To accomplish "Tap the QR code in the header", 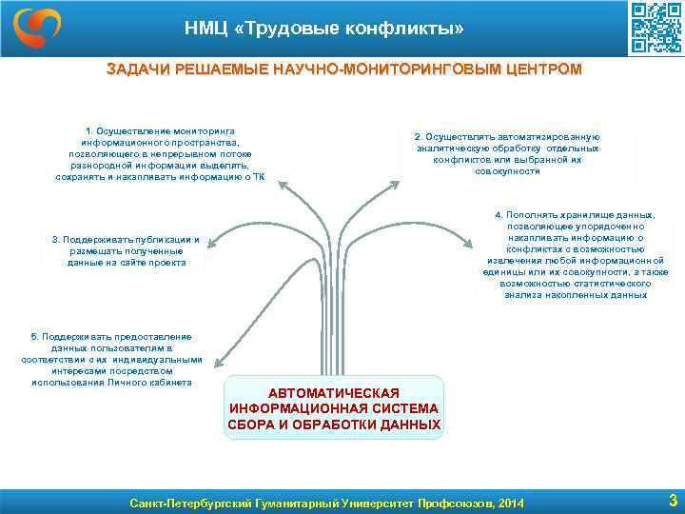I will click(x=656, y=29).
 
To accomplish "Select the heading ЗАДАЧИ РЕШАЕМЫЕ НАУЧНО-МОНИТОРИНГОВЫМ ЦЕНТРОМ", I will click(x=343, y=69).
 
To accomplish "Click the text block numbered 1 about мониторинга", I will click(x=160, y=153).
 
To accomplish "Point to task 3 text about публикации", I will click(x=126, y=250).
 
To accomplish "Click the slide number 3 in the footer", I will click(x=673, y=500).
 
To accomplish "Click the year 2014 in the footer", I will click(x=510, y=502).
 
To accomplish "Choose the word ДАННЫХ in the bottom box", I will click(x=402, y=423).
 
